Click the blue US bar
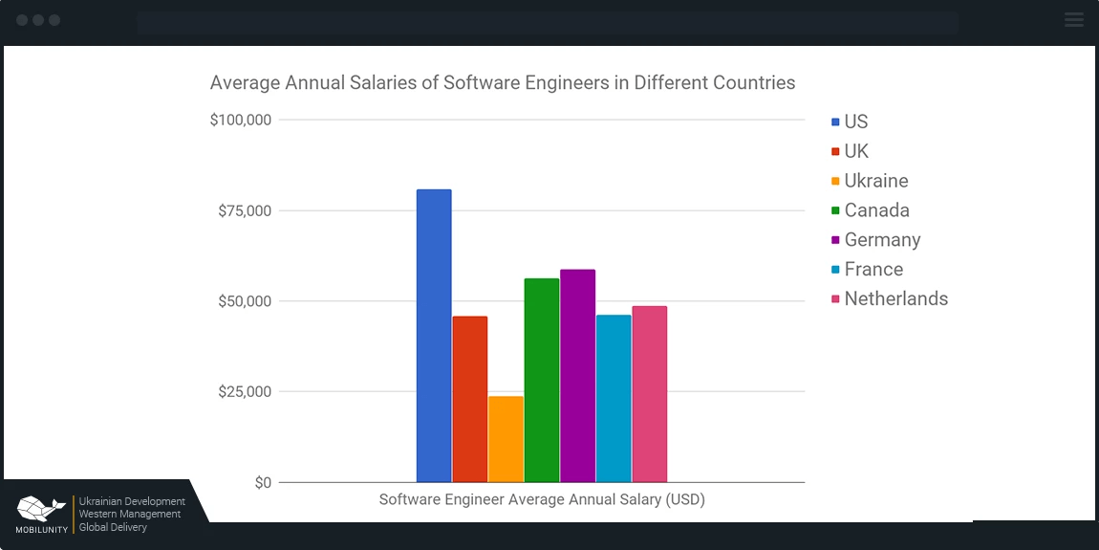pyautogui.click(x=434, y=335)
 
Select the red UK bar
pyautogui.click(x=469, y=399)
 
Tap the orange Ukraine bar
pyautogui.click(x=506, y=439)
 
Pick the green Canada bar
pyautogui.click(x=542, y=380)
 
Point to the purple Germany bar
pyautogui.click(x=577, y=376)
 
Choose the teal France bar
pyautogui.click(x=614, y=398)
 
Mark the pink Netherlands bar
pyautogui.click(x=650, y=394)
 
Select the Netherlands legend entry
pyautogui.click(x=895, y=298)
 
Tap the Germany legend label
pyautogui.click(x=882, y=240)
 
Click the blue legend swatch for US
pyautogui.click(x=836, y=122)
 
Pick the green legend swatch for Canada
pyautogui.click(x=836, y=210)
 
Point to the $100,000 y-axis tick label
pyautogui.click(x=241, y=121)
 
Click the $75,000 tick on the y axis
pyautogui.click(x=245, y=211)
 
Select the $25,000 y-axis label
pyautogui.click(x=245, y=392)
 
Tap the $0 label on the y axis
pyautogui.click(x=263, y=483)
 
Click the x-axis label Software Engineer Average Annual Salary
pyautogui.click(x=542, y=499)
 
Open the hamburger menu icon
pyautogui.click(x=1074, y=19)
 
